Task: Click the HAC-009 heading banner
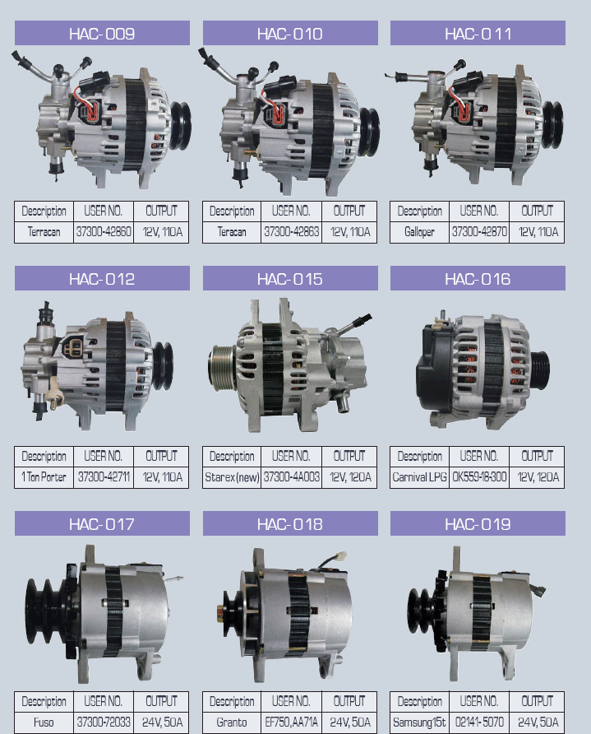click(102, 34)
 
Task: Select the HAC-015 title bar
click(289, 279)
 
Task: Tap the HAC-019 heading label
click(478, 524)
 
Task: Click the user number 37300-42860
click(103, 232)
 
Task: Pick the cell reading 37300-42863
click(291, 232)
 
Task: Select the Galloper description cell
click(419, 232)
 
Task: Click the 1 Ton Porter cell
click(44, 476)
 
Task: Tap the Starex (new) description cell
click(232, 476)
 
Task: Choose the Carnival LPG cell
click(419, 476)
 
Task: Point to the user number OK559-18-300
click(478, 476)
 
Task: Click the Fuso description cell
click(44, 722)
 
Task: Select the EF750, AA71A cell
click(291, 722)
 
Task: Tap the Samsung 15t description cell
click(419, 722)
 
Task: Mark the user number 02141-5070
click(478, 722)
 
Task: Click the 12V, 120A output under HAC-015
click(349, 476)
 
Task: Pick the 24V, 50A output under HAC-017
click(161, 722)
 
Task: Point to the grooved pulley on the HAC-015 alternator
click(222, 365)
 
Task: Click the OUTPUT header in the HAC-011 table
click(537, 211)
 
